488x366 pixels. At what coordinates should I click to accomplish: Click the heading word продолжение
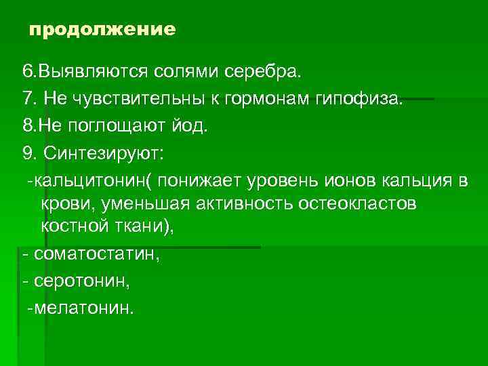102,30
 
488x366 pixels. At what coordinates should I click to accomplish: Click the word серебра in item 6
270,71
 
